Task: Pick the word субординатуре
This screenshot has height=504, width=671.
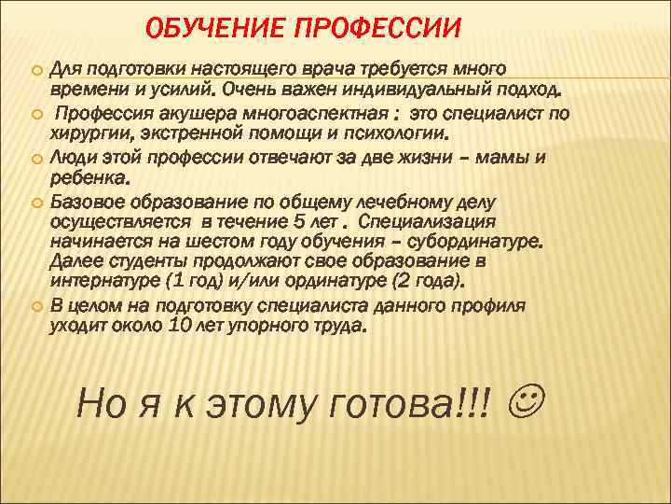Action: (x=478, y=242)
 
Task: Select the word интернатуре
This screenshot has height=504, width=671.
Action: (x=103, y=282)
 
